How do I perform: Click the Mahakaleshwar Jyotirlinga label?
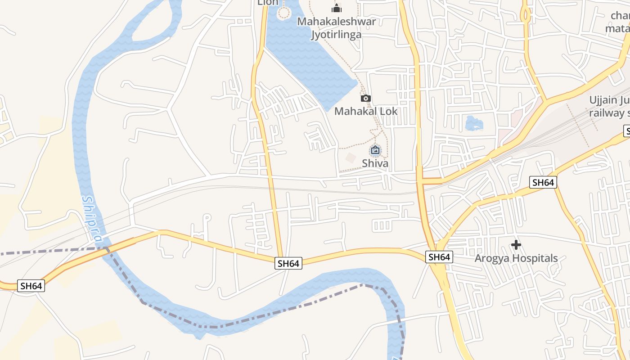point(337,28)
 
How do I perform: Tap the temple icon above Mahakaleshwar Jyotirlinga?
point(337,8)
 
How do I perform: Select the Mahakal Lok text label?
point(366,111)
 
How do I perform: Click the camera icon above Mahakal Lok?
point(366,98)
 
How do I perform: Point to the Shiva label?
point(375,163)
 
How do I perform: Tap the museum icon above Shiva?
point(375,150)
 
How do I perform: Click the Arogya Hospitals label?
point(516,258)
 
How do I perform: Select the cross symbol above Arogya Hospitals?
point(516,245)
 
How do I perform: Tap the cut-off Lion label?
point(268,3)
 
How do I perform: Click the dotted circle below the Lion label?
point(283,13)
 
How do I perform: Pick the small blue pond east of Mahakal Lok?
point(474,123)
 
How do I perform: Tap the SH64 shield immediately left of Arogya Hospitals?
point(439,257)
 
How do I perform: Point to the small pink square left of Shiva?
point(351,157)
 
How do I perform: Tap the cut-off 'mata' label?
point(617,29)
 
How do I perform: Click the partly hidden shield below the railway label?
point(627,131)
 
